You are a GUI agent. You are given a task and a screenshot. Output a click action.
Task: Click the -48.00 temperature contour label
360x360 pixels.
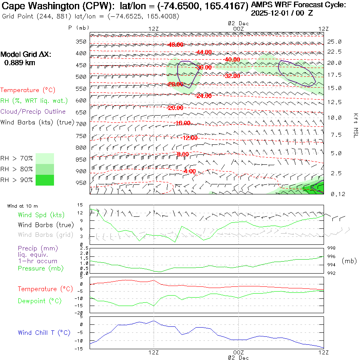[176, 44]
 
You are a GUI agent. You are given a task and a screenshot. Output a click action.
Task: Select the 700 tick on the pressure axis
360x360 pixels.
[82, 124]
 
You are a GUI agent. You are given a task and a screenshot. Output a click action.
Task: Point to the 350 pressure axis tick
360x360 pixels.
[82, 42]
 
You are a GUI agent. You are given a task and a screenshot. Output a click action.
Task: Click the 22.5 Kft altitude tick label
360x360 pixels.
[334, 52]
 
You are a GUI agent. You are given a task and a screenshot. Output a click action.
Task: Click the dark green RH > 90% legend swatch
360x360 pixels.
[44, 180]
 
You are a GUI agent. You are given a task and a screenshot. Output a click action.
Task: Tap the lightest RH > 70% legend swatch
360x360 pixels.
[44, 158]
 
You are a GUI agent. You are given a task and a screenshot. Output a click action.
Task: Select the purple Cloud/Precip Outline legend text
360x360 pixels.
[33, 112]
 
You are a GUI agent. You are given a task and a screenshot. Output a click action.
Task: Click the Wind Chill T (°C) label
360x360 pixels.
[44, 332]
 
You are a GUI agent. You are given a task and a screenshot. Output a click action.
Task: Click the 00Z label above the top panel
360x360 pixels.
[238, 29]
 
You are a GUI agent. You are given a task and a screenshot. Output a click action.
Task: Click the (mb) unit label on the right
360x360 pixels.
[349, 261]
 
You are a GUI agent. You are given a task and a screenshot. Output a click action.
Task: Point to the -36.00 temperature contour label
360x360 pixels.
[204, 68]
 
